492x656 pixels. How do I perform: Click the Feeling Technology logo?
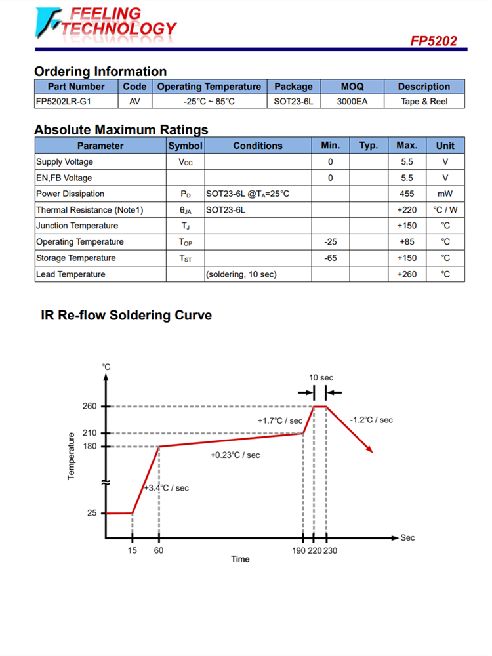point(105,22)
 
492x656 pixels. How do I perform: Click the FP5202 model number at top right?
point(434,41)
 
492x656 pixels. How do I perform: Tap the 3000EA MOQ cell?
point(352,102)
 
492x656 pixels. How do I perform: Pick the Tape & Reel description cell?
point(424,102)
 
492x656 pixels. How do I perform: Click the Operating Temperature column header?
point(209,87)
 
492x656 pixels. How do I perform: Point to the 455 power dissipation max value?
point(407,194)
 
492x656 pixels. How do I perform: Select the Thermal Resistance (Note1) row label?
point(89,210)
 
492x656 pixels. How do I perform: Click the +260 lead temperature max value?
point(407,274)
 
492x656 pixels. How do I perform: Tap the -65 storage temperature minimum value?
point(330,258)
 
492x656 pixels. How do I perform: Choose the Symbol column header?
point(185,146)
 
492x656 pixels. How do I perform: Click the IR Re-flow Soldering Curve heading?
point(126,316)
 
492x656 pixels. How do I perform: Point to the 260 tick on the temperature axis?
point(90,407)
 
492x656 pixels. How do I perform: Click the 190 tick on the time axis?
point(299,551)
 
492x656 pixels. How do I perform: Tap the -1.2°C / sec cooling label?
point(371,420)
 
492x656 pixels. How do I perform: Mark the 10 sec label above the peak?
point(321,378)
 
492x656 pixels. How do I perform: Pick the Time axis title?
point(240,560)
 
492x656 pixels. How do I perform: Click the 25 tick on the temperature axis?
point(92,514)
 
